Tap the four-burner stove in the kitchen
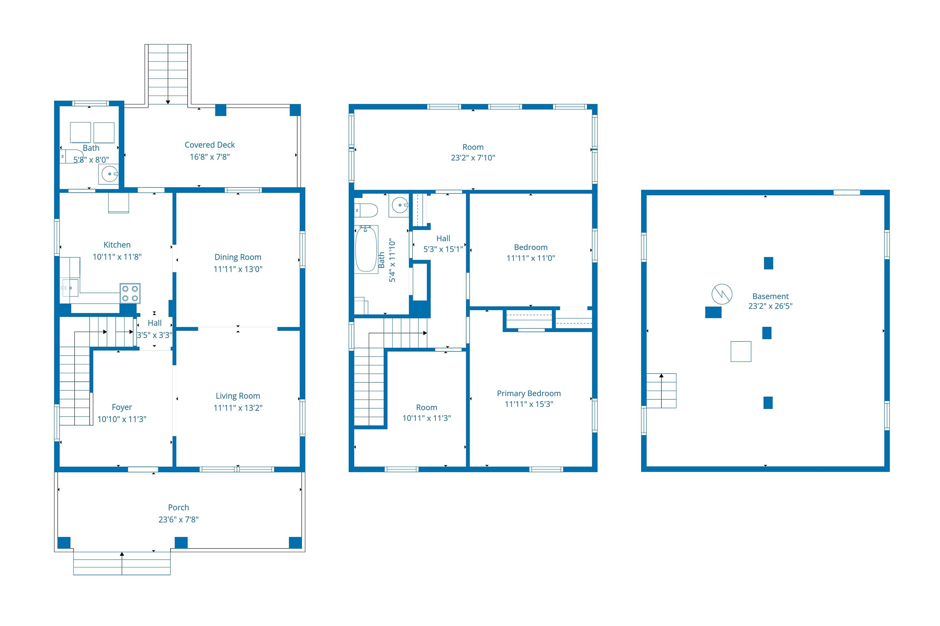[x=130, y=294]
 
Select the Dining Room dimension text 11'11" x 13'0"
[x=238, y=269]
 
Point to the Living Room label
[x=238, y=396]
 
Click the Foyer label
[x=122, y=407]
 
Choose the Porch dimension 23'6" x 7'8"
[x=178, y=519]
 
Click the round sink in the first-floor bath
[x=109, y=174]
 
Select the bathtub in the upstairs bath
[x=366, y=249]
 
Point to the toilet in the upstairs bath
[x=366, y=210]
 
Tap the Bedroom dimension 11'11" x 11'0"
[x=531, y=258]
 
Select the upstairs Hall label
[x=443, y=238]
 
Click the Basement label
[x=770, y=296]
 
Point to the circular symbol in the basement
[x=722, y=294]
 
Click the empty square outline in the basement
[x=741, y=351]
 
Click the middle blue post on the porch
[x=181, y=542]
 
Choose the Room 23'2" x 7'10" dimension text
[x=473, y=158]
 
